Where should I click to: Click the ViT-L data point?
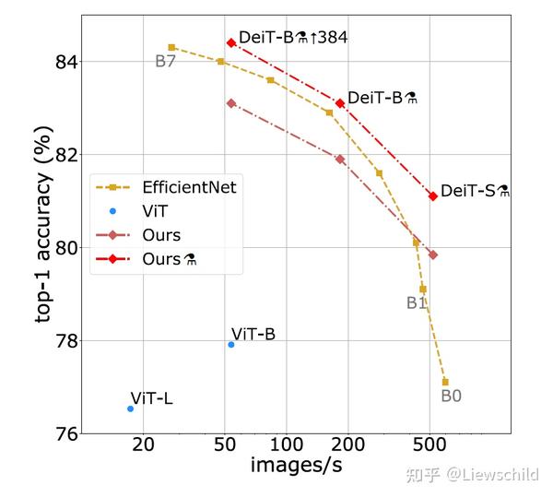click(130, 408)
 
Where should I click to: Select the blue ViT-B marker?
click(231, 344)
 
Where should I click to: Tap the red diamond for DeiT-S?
click(433, 195)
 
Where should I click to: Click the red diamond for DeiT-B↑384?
click(231, 42)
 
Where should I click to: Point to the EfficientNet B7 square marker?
click(171, 47)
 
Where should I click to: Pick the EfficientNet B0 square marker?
click(445, 382)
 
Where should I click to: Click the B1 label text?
click(417, 302)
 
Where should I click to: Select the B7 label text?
click(166, 62)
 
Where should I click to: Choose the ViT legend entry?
click(134, 211)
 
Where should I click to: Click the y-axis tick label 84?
click(61, 62)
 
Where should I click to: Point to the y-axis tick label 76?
click(61, 433)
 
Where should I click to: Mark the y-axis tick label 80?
click(61, 248)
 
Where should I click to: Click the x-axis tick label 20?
click(143, 444)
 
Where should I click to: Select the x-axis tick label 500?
click(429, 444)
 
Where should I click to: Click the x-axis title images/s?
click(297, 467)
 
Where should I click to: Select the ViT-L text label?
click(151, 398)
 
